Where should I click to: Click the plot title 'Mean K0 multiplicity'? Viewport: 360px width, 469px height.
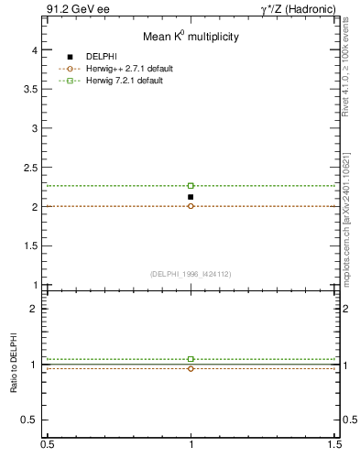pos(191,37)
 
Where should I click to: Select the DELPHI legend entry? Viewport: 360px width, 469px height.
pos(101,58)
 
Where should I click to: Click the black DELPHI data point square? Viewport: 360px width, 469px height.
pos(191,197)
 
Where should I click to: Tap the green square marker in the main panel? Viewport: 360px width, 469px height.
pos(191,186)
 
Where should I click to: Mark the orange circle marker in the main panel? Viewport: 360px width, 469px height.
pos(191,206)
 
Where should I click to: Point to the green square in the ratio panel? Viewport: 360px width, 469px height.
pos(191,359)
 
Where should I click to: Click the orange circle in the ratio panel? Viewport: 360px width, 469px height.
pos(191,368)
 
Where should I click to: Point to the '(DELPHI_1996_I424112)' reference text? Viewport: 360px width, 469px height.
pos(191,273)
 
